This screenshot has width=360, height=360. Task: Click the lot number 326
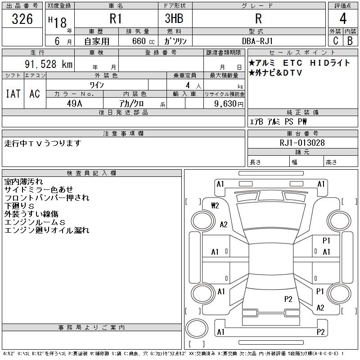coord(22,19)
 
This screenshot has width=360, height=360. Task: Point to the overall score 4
coord(343,19)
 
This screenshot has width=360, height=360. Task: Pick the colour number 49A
coord(75,103)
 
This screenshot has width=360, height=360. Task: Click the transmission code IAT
coord(13,94)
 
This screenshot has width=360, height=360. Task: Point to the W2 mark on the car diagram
coord(215,206)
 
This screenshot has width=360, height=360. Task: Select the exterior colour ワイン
coord(97,85)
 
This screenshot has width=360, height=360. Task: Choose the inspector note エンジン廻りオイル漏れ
coord(47,230)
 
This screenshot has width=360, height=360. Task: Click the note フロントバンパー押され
coord(47,198)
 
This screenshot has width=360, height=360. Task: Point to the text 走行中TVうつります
coord(43,143)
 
